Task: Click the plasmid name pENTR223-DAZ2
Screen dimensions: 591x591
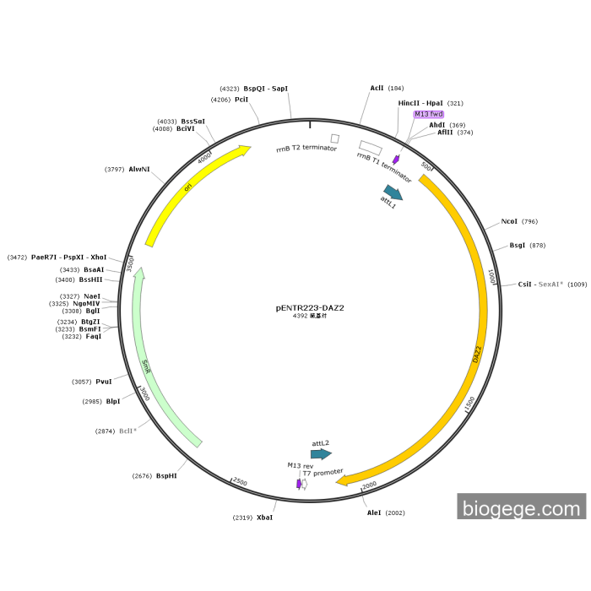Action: coord(310,308)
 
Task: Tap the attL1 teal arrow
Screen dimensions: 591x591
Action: coord(393,193)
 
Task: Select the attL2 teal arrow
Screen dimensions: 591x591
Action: coord(321,453)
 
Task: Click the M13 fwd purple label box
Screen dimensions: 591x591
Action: coord(428,114)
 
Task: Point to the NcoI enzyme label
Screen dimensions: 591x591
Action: coord(509,222)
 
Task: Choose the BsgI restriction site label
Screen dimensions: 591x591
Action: coord(517,246)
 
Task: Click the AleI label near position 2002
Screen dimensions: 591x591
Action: coord(374,512)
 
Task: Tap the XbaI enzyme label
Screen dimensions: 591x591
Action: coord(265,517)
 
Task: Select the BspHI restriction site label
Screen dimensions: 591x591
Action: coord(166,476)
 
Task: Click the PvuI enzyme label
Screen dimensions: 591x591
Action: coord(104,382)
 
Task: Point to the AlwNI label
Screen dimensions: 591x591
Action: coord(139,170)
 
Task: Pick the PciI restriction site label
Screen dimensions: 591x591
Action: coord(241,100)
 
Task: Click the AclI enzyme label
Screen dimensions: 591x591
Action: coord(377,88)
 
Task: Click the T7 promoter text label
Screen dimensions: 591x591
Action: coord(323,472)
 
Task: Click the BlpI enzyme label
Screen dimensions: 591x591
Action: coord(113,402)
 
